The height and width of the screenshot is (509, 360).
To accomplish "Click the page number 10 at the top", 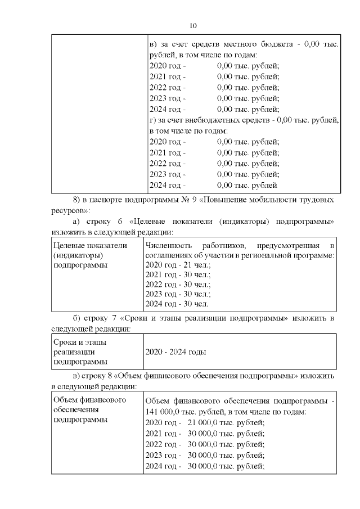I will coord(192,26).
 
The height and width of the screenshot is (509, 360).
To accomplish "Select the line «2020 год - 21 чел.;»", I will coord(178,265).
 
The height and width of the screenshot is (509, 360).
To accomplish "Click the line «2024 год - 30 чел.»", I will coord(177,304).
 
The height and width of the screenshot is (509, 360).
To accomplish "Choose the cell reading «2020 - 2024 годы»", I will coord(175,352).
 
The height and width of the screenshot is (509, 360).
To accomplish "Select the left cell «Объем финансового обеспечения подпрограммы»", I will coord(84,410).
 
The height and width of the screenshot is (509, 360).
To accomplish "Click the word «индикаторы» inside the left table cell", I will coord(78,255).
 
